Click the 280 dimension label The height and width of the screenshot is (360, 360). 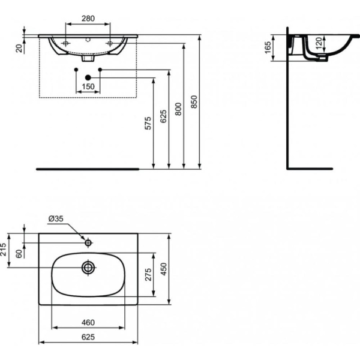(88, 19)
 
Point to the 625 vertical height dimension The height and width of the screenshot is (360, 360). (163, 118)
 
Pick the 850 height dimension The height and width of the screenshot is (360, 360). (193, 101)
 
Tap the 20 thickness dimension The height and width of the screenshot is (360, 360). (20, 48)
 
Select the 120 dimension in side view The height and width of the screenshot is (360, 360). (320, 42)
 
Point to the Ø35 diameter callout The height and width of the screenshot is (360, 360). (55, 219)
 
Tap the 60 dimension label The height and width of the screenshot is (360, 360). (20, 254)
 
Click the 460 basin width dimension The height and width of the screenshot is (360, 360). (87, 322)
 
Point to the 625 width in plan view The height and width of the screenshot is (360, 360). (88, 337)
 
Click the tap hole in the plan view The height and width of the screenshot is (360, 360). (88, 243)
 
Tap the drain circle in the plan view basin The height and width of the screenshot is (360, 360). (88, 267)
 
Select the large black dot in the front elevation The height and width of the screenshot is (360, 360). (88, 77)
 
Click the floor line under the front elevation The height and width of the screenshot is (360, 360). (88, 169)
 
